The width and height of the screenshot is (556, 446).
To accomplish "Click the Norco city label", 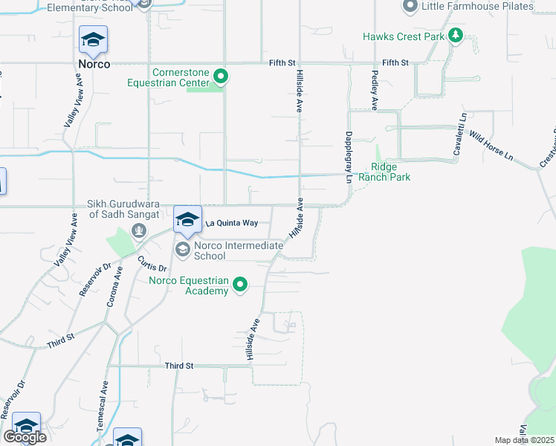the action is point(94,64).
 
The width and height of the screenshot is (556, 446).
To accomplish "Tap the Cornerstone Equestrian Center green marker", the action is point(220,77).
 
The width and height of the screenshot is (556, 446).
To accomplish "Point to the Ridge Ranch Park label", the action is point(384,172).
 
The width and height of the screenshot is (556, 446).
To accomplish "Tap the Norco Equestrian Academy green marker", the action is point(240,285).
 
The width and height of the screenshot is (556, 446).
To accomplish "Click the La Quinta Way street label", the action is point(231,222).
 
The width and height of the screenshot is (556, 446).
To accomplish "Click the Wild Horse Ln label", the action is point(491,146).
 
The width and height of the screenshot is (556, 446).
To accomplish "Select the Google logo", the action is point(25,437).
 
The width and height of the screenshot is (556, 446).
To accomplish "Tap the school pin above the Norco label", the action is point(94,41).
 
